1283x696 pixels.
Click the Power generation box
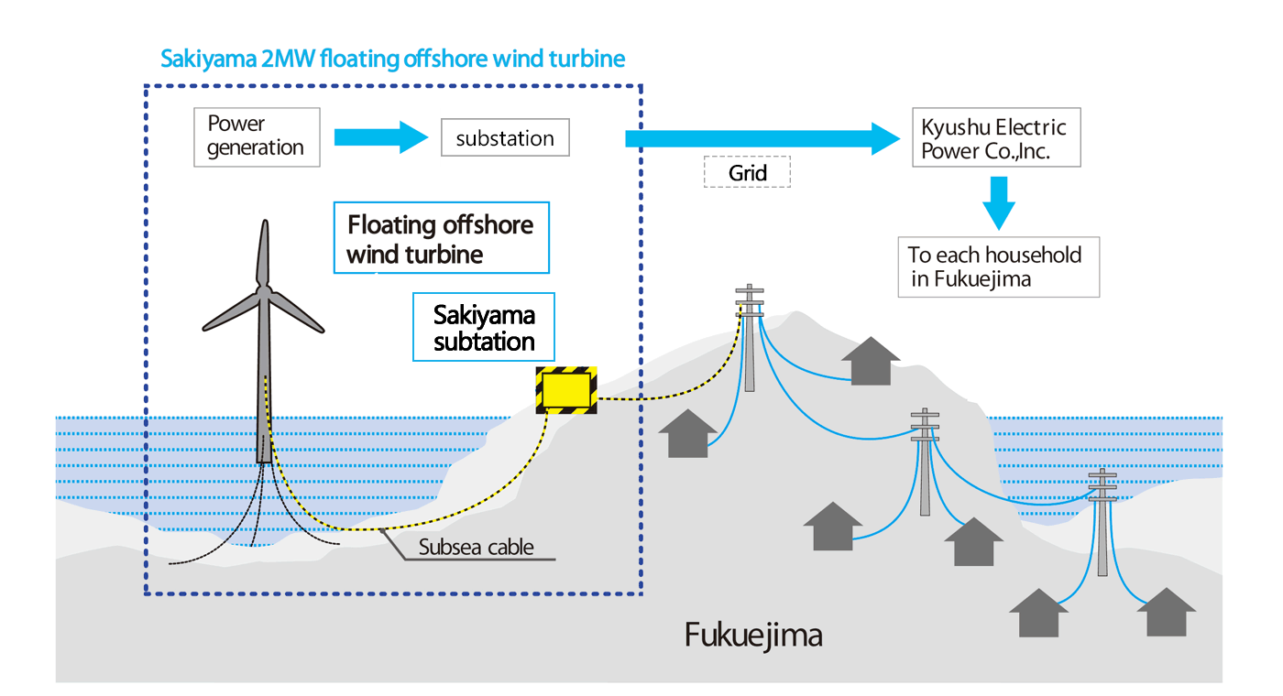tap(257, 136)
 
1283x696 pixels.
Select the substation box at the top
tap(505, 138)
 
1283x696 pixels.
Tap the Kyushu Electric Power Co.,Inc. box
tap(996, 139)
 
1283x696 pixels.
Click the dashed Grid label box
tap(747, 172)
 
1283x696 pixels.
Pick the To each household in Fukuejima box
tap(998, 266)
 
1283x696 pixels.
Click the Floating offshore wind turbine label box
tap(441, 238)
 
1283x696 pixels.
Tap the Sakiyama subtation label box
tap(484, 329)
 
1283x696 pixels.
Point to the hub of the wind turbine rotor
tap(264, 292)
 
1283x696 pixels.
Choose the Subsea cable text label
tap(476, 549)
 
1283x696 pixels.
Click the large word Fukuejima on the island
tap(753, 635)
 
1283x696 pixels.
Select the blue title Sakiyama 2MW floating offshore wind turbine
tap(392, 60)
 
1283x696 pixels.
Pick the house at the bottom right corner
tap(1165, 613)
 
